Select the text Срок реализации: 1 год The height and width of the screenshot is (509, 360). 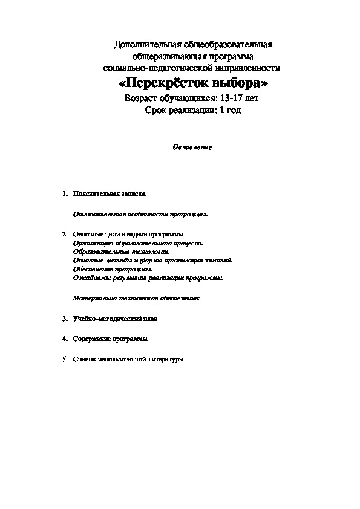click(193, 110)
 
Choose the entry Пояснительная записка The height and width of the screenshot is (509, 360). click(109, 194)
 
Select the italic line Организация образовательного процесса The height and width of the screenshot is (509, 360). click(137, 242)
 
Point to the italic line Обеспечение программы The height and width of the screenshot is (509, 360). click(113, 269)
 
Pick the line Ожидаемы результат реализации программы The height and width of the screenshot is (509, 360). click(148, 278)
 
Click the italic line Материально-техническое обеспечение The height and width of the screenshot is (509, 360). click(137, 298)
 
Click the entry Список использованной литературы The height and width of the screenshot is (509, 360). click(127, 360)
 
